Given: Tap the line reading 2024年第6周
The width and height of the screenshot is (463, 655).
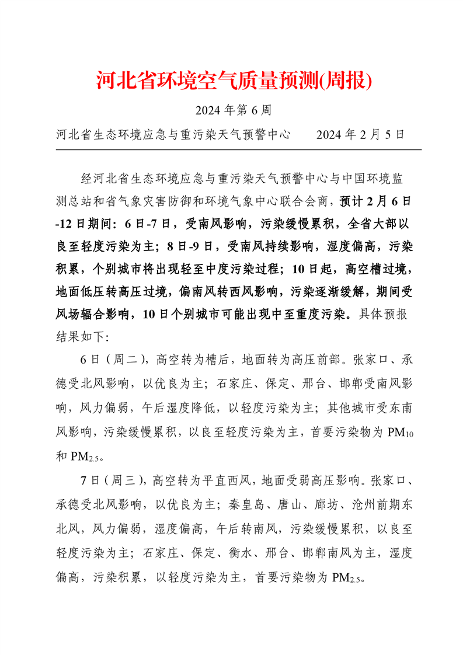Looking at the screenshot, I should [231, 110].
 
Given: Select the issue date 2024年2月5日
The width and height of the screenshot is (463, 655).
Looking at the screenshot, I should [360, 135].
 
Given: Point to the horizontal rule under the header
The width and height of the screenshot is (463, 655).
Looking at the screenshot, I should [231, 150].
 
